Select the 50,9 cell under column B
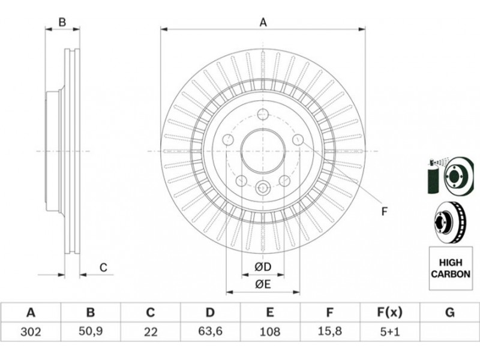click(90, 331)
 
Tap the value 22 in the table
click(150, 331)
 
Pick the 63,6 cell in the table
click(210, 331)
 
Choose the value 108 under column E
click(270, 331)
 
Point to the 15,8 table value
click(329, 331)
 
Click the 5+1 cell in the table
click(389, 331)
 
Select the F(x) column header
click(389, 312)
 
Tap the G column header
click(449, 312)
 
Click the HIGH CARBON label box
click(449, 268)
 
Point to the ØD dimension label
click(263, 266)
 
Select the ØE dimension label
click(263, 285)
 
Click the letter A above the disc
click(263, 23)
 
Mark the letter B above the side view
click(62, 23)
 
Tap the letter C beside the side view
click(103, 268)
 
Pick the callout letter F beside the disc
click(385, 211)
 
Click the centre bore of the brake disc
click(263, 151)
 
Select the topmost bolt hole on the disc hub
click(263, 115)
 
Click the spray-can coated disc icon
click(447, 175)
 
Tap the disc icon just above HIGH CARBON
click(448, 220)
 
